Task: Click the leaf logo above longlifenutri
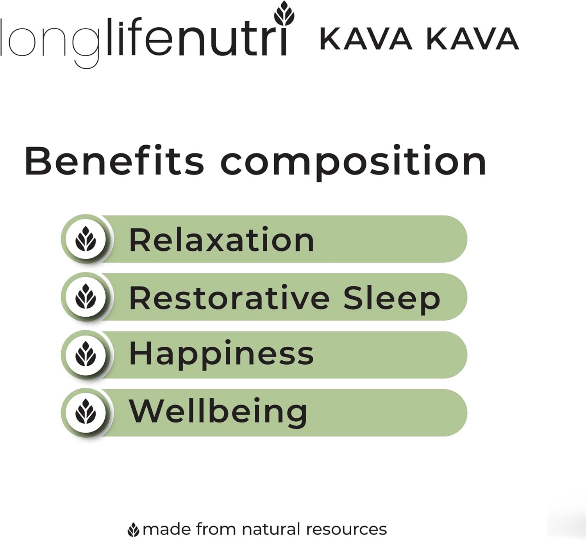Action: [284, 14]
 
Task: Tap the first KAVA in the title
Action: [366, 39]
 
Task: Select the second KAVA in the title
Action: [472, 39]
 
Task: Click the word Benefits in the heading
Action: [114, 161]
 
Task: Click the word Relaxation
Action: [221, 240]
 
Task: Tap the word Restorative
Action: [229, 298]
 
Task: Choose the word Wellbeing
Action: [218, 412]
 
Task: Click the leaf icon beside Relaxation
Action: [86, 239]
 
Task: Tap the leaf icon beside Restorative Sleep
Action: [86, 297]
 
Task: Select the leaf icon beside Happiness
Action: [86, 355]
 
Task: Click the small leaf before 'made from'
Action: [134, 530]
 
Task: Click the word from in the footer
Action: [216, 529]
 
